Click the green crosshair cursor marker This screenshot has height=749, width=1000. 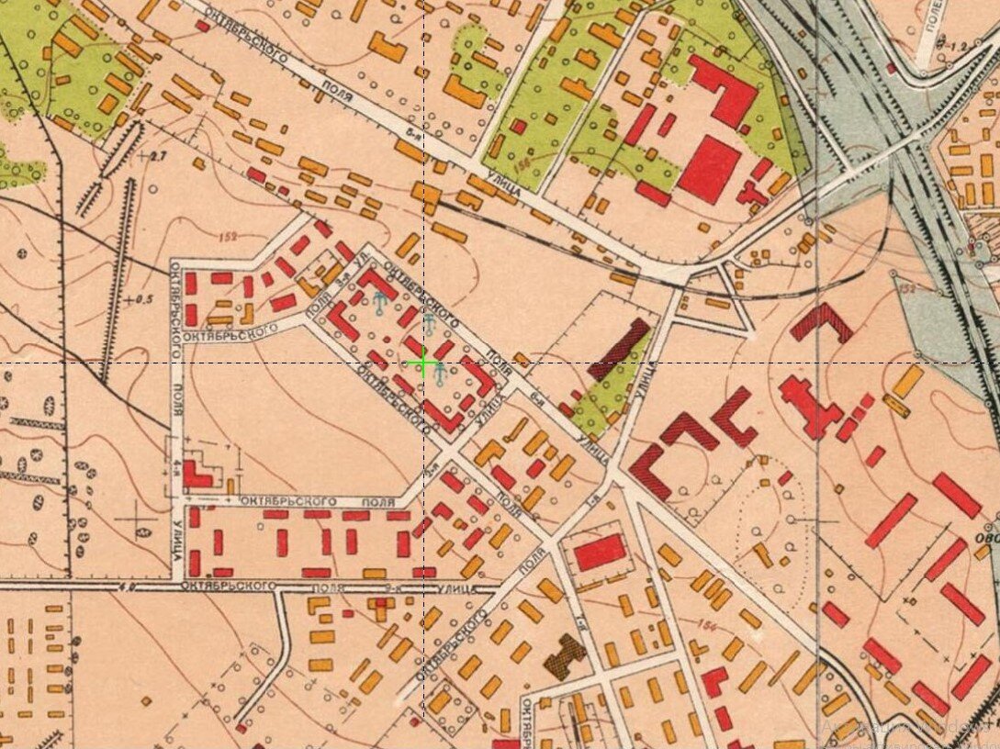[423, 364]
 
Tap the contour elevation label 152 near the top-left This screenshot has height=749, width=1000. [229, 237]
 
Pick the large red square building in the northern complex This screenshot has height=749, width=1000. [708, 168]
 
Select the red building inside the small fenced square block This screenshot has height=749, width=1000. [601, 553]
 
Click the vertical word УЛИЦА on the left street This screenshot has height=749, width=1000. [175, 542]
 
